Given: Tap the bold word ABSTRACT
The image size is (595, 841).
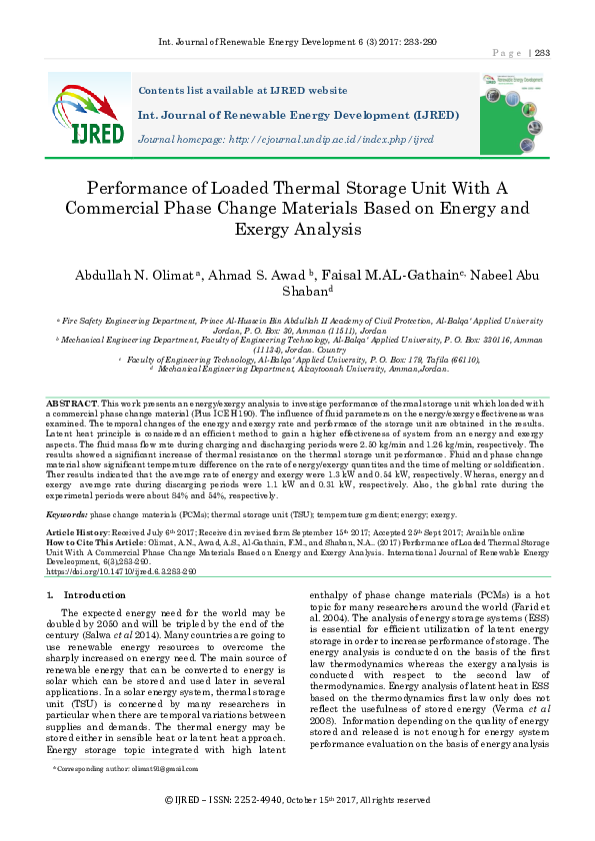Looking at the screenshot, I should tap(72, 402).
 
